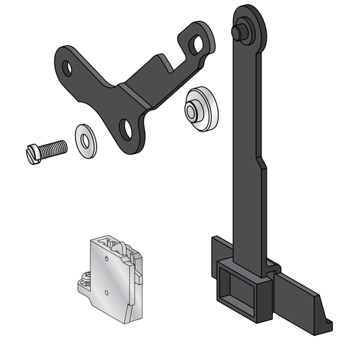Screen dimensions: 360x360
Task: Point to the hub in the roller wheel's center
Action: tap(193, 108)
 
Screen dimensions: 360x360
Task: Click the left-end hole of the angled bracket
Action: tap(68, 68)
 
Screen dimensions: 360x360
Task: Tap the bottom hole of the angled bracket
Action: tap(126, 126)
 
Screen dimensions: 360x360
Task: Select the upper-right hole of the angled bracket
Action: tap(197, 45)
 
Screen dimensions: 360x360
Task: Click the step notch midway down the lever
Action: tap(260, 162)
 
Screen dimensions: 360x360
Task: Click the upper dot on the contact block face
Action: tap(107, 258)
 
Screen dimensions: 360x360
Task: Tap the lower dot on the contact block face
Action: tap(107, 292)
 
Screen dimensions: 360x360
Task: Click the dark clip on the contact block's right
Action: tap(139, 270)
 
